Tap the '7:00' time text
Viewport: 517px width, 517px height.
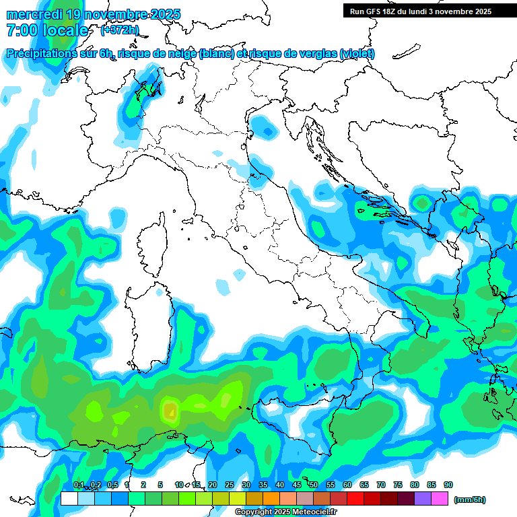(21, 30)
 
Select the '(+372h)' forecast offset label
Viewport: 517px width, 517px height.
(120, 30)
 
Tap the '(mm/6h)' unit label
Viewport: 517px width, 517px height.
(469, 499)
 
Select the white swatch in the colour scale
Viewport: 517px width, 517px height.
(69, 499)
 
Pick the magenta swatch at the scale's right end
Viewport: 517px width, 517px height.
(440, 499)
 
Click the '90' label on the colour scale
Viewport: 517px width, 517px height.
(448, 485)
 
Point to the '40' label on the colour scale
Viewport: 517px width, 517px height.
(280, 485)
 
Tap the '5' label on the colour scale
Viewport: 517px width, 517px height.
(160, 485)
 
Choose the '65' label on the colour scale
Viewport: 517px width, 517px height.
(364, 485)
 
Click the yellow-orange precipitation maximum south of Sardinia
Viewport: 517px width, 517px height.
(169, 409)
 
